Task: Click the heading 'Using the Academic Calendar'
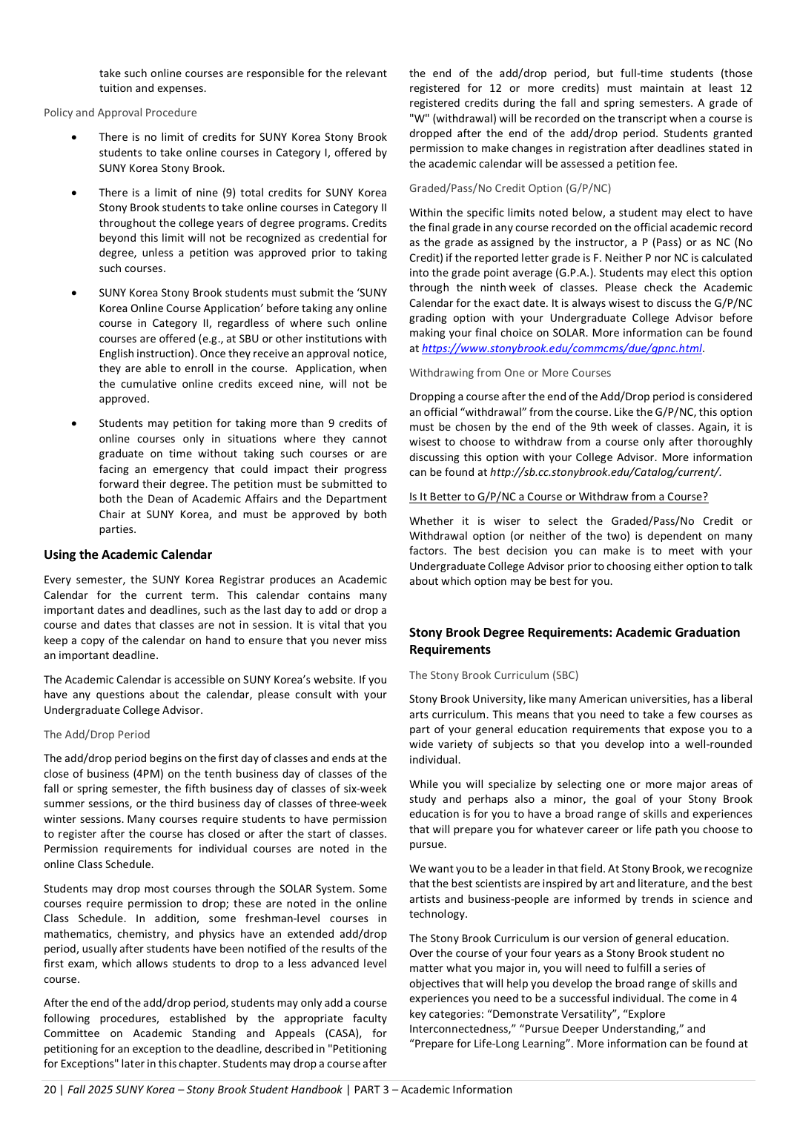128,554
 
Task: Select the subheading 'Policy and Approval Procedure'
120,113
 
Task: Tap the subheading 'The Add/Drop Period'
96,735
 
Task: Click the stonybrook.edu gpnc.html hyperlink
562,348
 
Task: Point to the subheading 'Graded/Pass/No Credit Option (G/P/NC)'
510,188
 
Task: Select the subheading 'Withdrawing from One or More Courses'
510,373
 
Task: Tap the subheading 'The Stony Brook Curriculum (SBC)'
494,675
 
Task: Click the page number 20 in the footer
50,1090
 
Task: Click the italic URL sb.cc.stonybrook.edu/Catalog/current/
605,472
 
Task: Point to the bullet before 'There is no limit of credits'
74,137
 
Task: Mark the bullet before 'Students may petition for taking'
74,423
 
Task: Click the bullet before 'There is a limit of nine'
74,193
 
